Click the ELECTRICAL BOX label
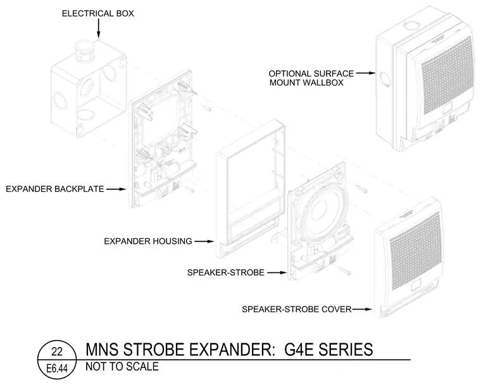click(98, 13)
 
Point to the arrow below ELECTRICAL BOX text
click(99, 28)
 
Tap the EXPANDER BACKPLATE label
click(55, 189)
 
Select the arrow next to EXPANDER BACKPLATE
click(116, 189)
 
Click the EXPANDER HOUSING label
click(148, 241)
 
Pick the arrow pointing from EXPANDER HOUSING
click(204, 241)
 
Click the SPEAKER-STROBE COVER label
click(297, 309)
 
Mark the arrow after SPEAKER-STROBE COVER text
click(362, 309)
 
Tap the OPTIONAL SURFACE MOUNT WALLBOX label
click(311, 78)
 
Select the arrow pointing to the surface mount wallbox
click(366, 73)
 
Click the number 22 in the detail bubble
click(57, 351)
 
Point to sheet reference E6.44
click(57, 368)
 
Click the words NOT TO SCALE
click(122, 367)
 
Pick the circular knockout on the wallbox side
click(385, 79)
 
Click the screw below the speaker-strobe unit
click(345, 270)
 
